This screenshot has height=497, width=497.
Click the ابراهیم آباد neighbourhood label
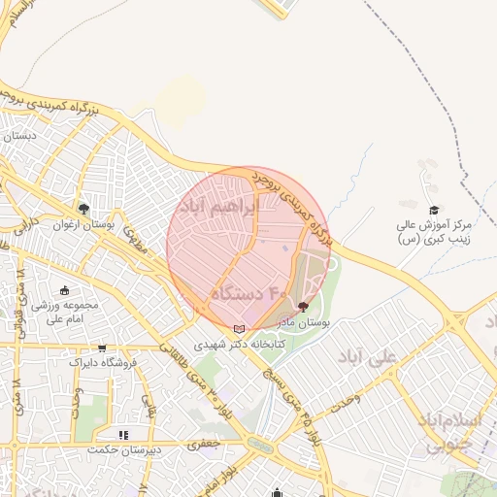[x=219, y=206]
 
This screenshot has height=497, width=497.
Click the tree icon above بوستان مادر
[x=303, y=307]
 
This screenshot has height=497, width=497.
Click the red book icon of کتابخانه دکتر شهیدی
[x=240, y=329]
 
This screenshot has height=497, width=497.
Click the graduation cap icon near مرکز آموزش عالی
[x=434, y=210]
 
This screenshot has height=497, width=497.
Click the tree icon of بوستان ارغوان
[x=84, y=208]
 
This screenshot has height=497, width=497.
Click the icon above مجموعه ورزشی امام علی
[x=65, y=289]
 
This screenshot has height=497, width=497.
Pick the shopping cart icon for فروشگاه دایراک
[x=102, y=348]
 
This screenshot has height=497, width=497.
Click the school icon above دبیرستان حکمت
[x=123, y=435]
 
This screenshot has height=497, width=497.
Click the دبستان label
[x=18, y=136]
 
